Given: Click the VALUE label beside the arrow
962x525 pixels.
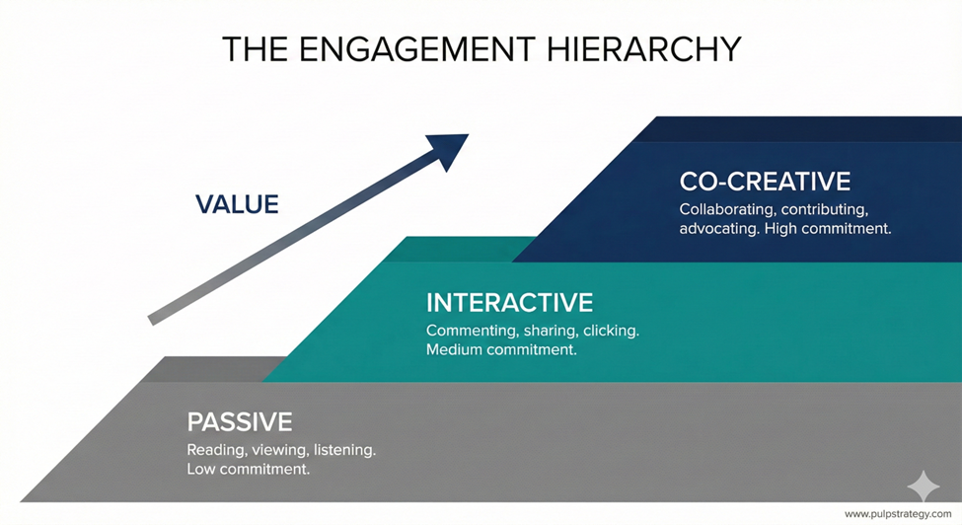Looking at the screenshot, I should [x=237, y=204].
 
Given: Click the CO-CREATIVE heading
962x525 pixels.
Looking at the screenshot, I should [x=765, y=182].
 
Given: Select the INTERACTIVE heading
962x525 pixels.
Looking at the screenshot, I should [x=509, y=302].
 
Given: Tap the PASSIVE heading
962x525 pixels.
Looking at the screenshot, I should [x=240, y=422].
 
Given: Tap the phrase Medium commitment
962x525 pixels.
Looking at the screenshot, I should [x=501, y=349].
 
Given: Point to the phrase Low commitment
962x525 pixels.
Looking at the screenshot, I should [x=249, y=470].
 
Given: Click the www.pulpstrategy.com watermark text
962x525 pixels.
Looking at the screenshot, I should [x=898, y=514].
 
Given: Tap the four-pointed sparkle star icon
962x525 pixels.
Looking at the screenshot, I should [x=924, y=487].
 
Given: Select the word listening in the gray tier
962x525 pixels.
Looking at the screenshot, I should [x=344, y=450].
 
